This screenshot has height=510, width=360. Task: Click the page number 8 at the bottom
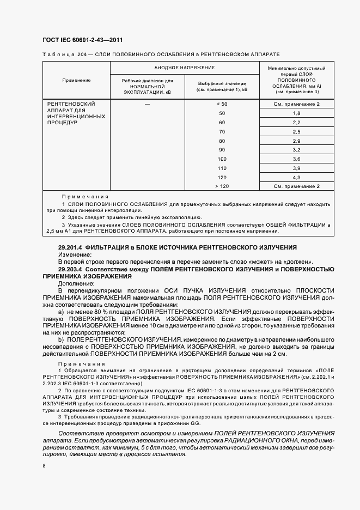tap(44, 466)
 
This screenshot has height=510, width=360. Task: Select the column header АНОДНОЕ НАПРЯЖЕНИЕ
tap(184, 68)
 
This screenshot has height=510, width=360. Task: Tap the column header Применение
tap(76, 80)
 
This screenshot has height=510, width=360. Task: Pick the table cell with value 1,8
tap(297, 113)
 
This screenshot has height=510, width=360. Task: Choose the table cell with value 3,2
tap(297, 149)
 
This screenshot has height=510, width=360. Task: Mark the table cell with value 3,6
tap(297, 159)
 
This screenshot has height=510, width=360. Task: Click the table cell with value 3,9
tap(297, 168)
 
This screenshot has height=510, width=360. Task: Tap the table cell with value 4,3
tap(297, 177)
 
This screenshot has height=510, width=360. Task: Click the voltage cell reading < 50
tap(222, 104)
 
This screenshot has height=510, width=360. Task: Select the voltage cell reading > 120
tap(222, 186)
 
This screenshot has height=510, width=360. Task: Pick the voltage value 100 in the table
tap(222, 159)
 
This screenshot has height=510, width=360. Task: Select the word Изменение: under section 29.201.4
tap(75, 254)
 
